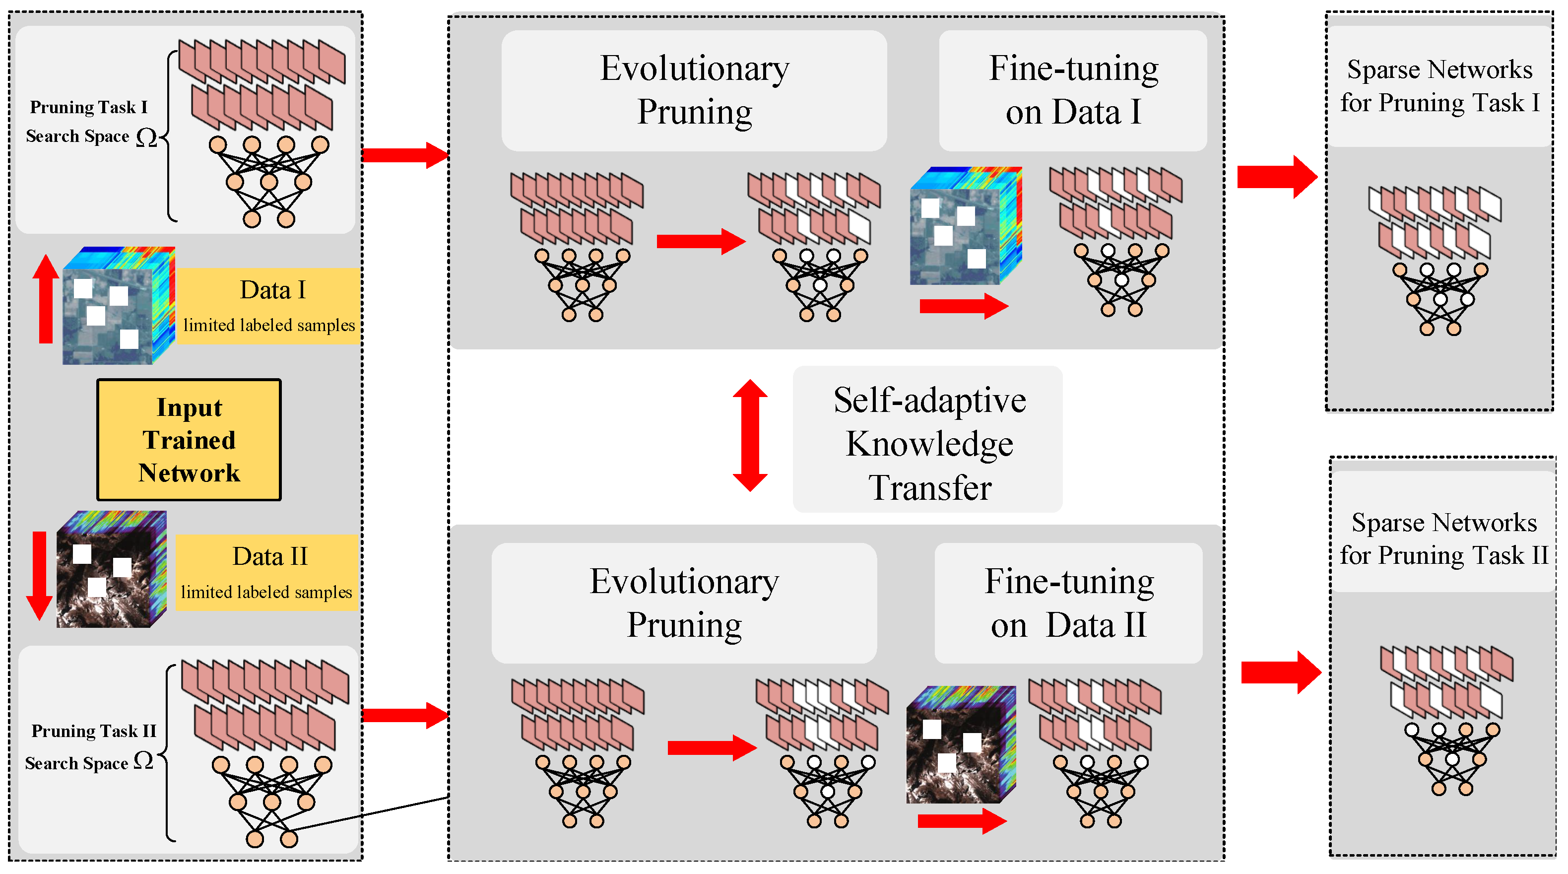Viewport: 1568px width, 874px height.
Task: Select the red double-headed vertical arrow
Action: coord(750,436)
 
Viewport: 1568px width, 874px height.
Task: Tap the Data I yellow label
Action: coord(268,306)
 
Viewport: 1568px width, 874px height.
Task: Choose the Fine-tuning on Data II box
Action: coord(1068,603)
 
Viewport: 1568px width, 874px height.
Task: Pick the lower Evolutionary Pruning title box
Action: coord(684,603)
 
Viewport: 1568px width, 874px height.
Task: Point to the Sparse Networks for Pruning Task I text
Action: coord(1439,86)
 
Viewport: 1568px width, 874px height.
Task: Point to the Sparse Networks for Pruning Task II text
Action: coord(1443,538)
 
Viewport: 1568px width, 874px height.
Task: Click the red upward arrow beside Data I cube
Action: coord(45,298)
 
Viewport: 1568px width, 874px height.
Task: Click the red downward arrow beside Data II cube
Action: coord(40,575)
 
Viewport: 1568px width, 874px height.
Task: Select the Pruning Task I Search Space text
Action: coord(88,122)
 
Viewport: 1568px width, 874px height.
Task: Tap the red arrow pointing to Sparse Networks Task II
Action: coord(1281,672)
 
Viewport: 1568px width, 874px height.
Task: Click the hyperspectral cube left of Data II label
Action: coord(111,570)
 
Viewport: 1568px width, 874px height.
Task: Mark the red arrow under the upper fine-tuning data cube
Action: coord(963,306)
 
